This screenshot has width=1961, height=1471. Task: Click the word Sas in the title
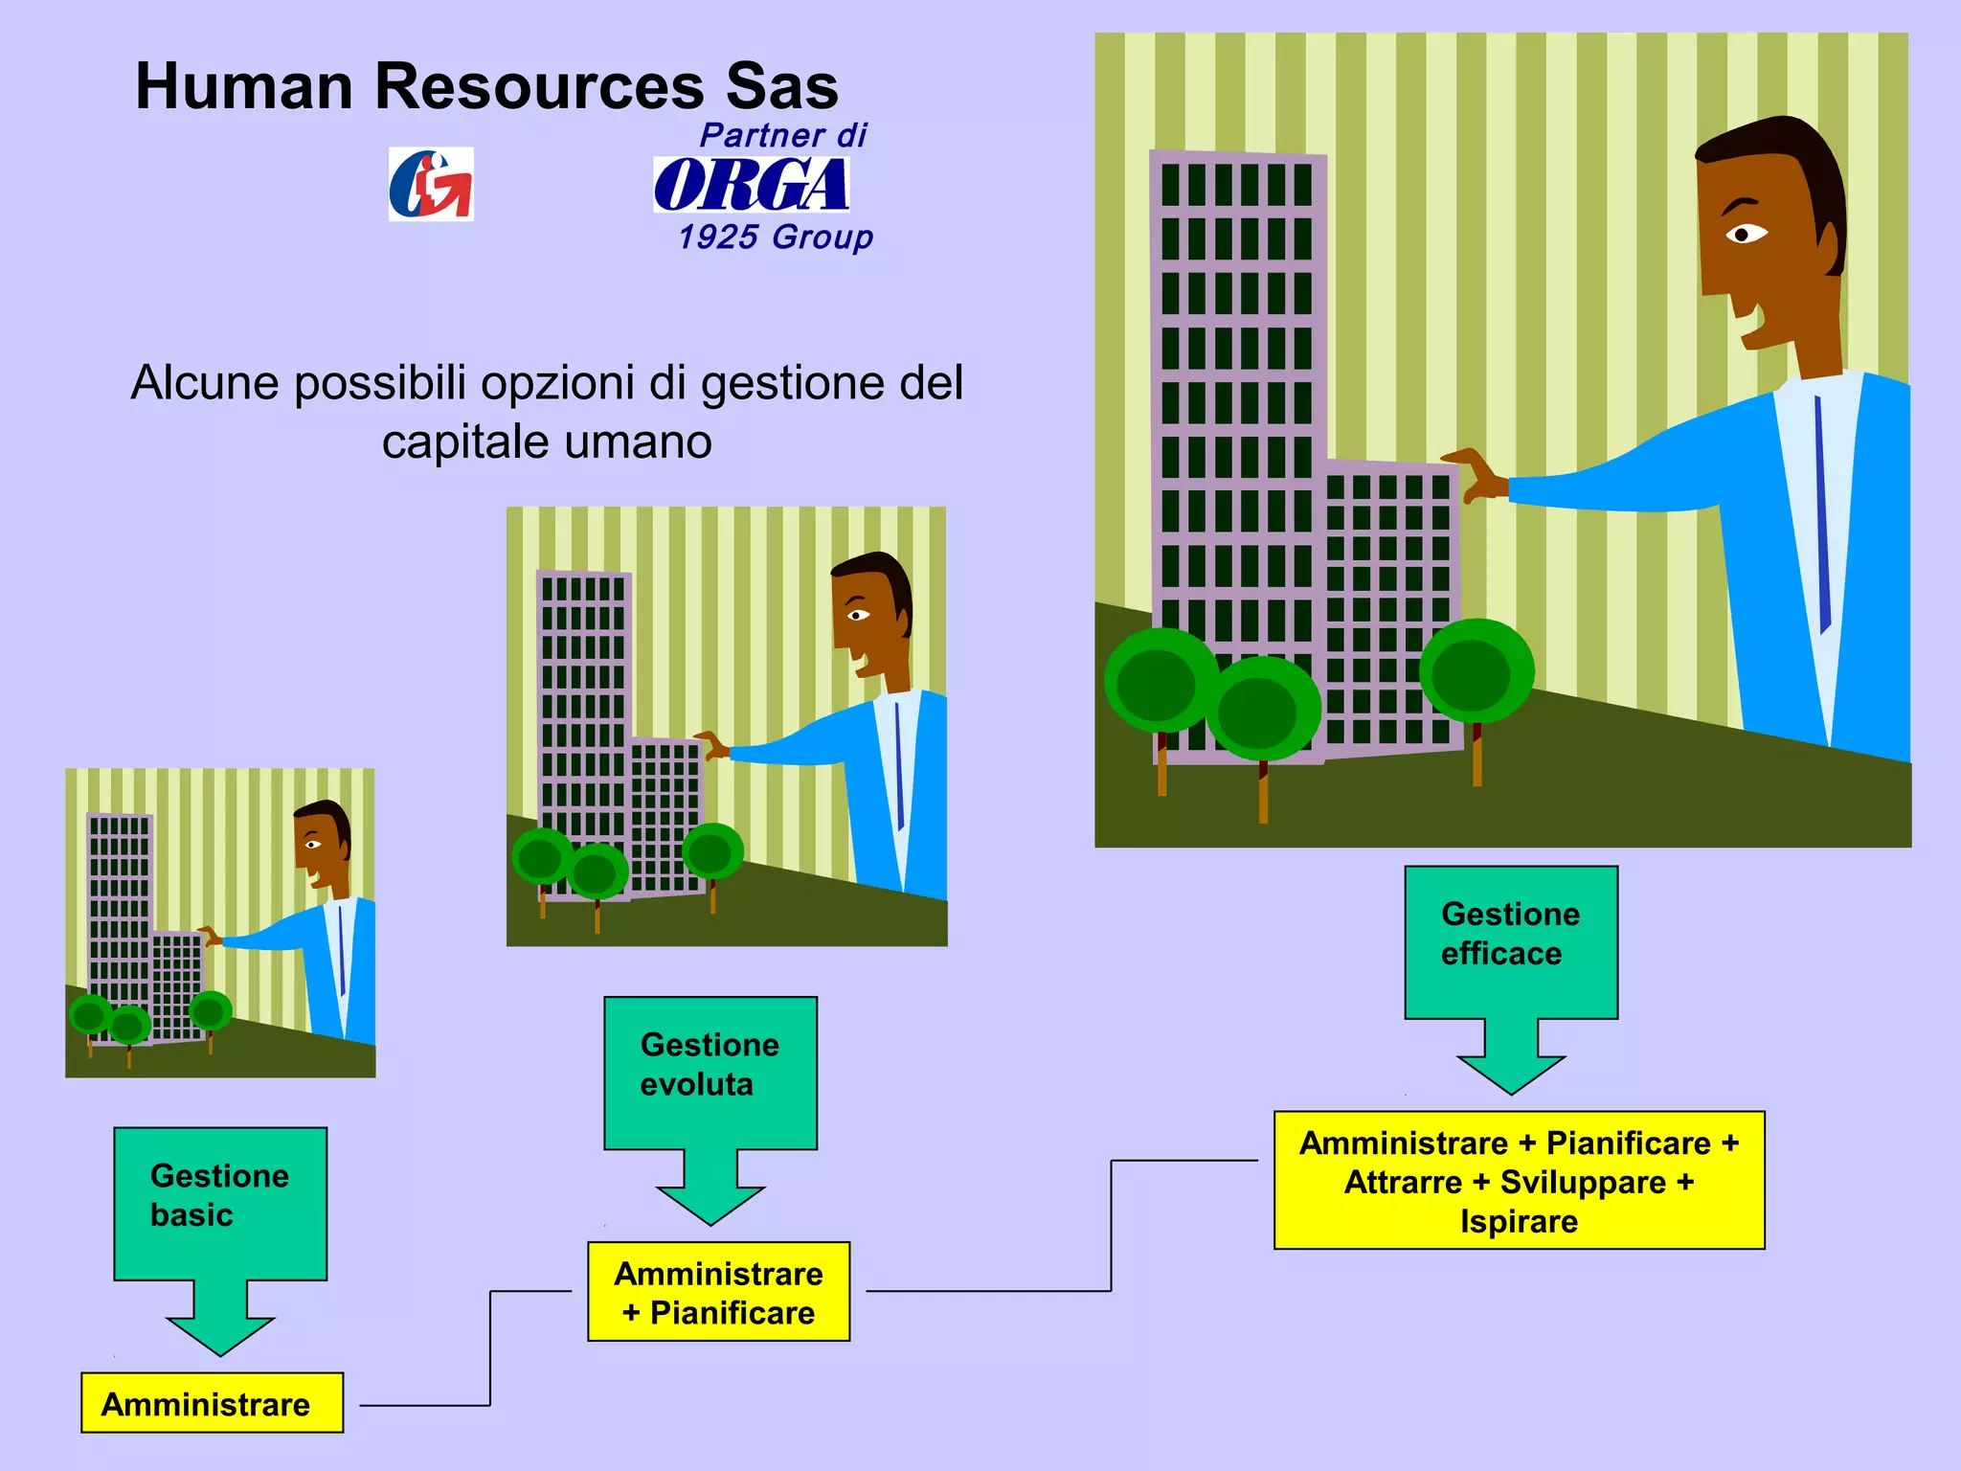(782, 87)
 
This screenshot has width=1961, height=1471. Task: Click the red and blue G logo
(431, 184)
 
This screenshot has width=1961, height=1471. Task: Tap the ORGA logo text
(752, 185)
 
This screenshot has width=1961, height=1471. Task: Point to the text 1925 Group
(776, 237)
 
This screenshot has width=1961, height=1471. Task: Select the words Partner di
(783, 136)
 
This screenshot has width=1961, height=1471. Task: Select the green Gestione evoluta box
(710, 1072)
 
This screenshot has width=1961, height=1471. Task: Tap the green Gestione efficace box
(1511, 941)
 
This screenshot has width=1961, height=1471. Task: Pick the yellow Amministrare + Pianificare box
(718, 1292)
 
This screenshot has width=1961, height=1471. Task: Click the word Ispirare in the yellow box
(1519, 1222)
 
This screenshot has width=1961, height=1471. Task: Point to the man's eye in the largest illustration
(1746, 234)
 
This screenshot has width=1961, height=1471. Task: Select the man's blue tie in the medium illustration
(899, 766)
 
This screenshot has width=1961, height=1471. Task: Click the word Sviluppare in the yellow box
(1583, 1183)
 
